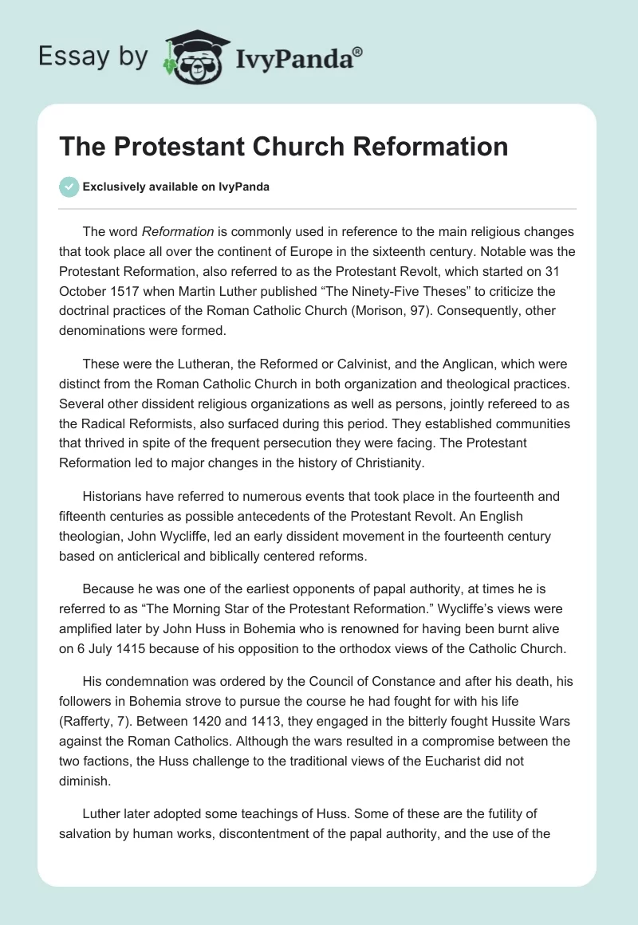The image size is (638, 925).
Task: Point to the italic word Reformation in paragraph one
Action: click(x=178, y=232)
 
